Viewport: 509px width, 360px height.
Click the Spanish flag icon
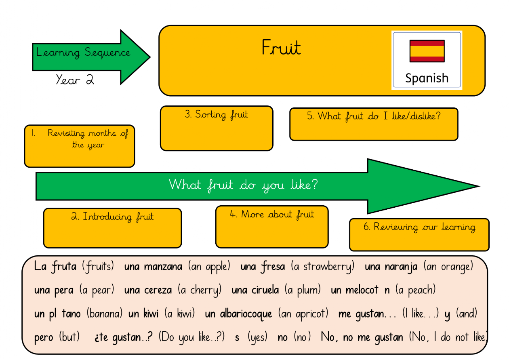tap(427, 51)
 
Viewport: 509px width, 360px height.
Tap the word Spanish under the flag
tap(427, 78)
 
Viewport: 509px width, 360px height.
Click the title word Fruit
tap(281, 48)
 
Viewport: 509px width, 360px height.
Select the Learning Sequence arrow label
tap(83, 53)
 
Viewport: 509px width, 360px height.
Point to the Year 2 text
tap(75, 80)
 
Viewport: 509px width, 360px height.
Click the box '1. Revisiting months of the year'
tap(79, 146)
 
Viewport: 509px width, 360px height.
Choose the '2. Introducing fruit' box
tap(112, 227)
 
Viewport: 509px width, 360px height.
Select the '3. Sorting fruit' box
tap(217, 128)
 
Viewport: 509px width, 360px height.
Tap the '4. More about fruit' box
tap(271, 226)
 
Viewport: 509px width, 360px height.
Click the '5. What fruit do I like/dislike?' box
tap(374, 124)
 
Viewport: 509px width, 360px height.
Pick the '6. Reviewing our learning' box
tap(419, 234)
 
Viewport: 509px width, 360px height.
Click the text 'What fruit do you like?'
tap(243, 185)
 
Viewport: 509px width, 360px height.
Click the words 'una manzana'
tap(153, 267)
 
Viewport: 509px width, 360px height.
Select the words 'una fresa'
tap(263, 267)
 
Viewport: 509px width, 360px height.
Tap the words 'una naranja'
tap(391, 267)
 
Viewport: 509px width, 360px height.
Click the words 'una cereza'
tap(148, 290)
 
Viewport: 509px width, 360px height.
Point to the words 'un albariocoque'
tap(238, 314)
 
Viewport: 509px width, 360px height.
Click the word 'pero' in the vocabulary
tap(44, 337)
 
